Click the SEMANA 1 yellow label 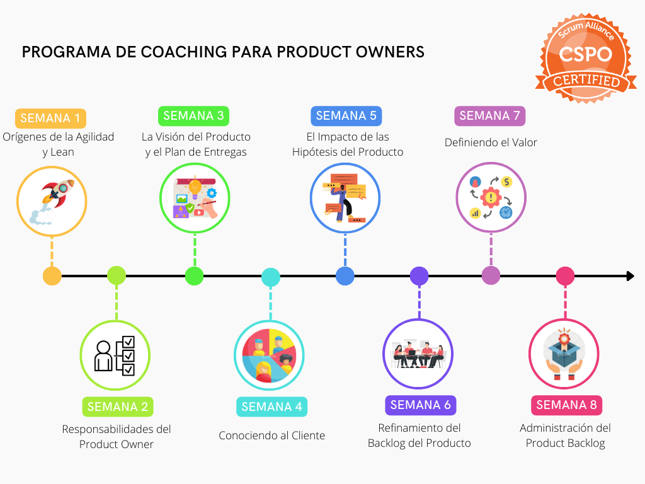[x=50, y=118]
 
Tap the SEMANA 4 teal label [x=271, y=407]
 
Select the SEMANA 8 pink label [x=566, y=405]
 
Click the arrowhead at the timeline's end [x=630, y=276]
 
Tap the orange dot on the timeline [x=52, y=276]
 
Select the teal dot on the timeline [x=271, y=277]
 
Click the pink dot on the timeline [x=565, y=276]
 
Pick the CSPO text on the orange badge [x=585, y=54]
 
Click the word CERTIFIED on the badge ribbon [x=585, y=82]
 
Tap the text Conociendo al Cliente [x=272, y=435]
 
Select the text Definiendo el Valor [x=491, y=142]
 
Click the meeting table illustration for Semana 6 [x=418, y=355]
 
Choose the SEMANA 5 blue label [x=346, y=116]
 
